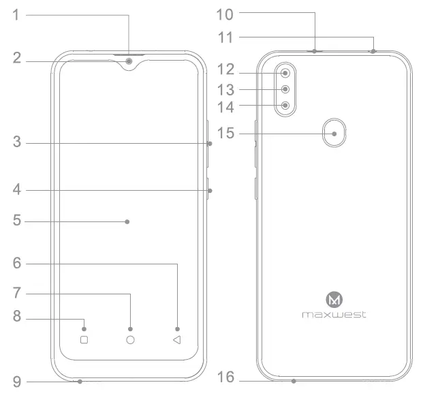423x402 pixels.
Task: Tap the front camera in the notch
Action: pos(129,63)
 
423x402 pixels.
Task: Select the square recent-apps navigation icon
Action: pos(84,339)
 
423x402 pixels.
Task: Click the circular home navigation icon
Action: pos(130,339)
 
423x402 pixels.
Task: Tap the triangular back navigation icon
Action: pos(176,339)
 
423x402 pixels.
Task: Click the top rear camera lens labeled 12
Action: pos(285,73)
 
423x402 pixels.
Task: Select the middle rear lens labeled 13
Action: pos(285,89)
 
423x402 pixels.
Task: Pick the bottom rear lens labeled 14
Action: pos(285,106)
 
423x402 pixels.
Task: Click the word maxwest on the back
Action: pos(334,315)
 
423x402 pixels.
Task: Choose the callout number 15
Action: pos(225,134)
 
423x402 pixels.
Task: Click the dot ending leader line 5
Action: pos(127,221)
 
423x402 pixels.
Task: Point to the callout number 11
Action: pos(225,36)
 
